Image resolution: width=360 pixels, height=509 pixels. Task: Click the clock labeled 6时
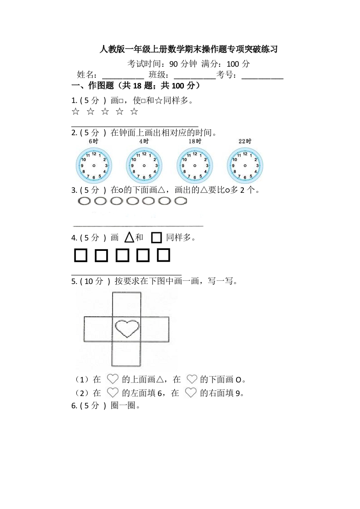coord(94,166)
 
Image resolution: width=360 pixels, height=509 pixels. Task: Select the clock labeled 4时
coord(144,166)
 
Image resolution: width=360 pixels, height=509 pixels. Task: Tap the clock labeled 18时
coord(195,166)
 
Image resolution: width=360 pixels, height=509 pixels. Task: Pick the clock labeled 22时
coord(245,166)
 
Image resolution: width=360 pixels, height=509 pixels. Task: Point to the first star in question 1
coord(75,112)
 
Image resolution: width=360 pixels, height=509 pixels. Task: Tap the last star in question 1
coord(134,112)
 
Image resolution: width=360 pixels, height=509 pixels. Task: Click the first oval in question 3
coord(85,201)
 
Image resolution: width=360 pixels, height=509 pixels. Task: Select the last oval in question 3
coord(181,201)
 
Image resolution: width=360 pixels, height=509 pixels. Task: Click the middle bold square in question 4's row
coord(122,256)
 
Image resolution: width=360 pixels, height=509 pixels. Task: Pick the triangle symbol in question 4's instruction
coord(129,237)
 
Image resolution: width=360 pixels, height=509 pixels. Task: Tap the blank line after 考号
coord(262,75)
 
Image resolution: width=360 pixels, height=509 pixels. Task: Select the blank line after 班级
coord(195,75)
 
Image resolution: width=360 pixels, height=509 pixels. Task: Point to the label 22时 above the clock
coord(245,142)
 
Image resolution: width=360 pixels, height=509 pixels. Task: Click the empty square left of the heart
coord(98,329)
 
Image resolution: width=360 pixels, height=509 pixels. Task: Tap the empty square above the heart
coord(126,304)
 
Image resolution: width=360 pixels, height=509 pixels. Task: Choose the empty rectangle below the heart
coord(126,354)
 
